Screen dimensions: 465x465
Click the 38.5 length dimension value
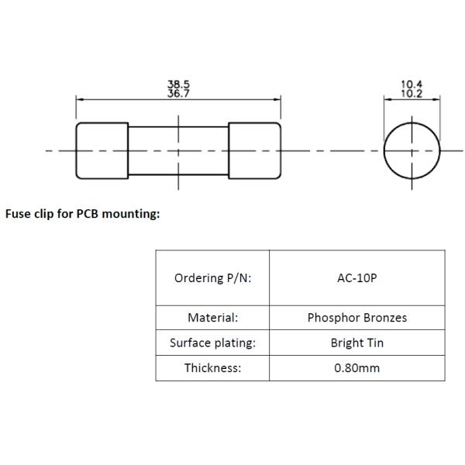[178, 84]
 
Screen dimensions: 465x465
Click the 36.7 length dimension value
[178, 93]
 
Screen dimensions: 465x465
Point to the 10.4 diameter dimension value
[412, 84]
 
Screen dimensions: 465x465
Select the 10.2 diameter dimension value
[412, 93]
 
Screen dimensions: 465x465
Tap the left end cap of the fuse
[102, 150]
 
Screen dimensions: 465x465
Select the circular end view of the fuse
[412, 150]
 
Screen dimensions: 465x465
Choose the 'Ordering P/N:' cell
[212, 278]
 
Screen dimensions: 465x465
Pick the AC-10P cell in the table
[356, 278]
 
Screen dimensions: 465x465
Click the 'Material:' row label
[212, 318]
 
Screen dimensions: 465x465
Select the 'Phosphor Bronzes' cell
[356, 318]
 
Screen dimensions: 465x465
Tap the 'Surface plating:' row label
[212, 343]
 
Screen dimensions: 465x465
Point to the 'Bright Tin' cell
[356, 343]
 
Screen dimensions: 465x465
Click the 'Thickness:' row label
[212, 367]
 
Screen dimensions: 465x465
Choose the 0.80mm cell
[356, 367]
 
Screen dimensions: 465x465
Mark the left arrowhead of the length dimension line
[78, 98]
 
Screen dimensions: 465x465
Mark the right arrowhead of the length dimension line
[278, 98]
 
